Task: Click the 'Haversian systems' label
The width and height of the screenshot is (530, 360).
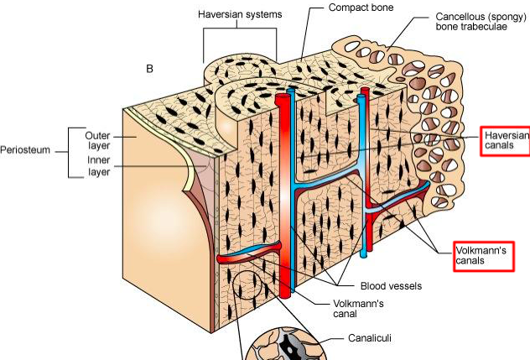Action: click(239, 15)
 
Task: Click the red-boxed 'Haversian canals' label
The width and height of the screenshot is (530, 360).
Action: click(507, 140)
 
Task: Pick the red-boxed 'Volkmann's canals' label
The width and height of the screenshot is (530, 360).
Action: click(482, 256)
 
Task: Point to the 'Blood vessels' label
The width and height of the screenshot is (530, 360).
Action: click(390, 285)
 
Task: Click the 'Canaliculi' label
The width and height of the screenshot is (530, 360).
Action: click(369, 339)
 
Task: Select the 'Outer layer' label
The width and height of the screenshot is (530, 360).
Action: click(97, 141)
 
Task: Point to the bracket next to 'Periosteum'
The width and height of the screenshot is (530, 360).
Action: click(70, 152)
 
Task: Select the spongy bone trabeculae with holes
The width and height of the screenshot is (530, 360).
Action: click(436, 92)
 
